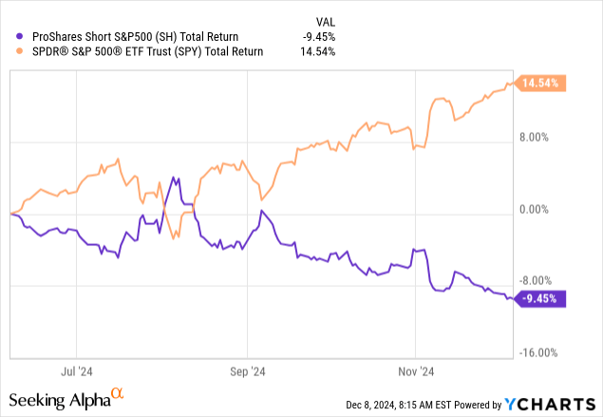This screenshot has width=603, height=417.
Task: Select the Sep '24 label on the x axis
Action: point(246,371)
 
